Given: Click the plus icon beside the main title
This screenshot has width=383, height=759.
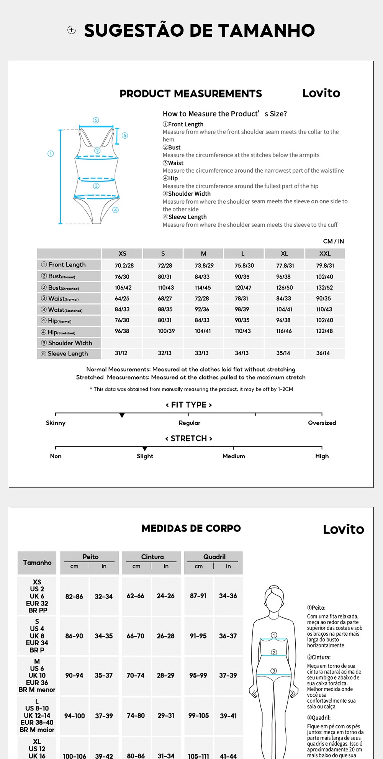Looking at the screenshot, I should click(72, 30).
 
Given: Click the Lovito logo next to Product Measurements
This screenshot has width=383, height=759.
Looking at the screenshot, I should click(321, 93).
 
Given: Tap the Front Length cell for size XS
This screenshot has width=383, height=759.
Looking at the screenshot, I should click(124, 265).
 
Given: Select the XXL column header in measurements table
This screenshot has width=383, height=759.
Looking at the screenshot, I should click(325, 254).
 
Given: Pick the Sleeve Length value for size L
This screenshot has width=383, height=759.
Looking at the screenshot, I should click(242, 353).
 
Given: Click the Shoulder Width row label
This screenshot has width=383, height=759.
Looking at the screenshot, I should click(70, 343).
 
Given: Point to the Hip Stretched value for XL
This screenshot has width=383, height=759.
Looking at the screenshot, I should click(284, 331).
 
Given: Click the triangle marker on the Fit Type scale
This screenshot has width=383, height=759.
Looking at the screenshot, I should click(122, 415).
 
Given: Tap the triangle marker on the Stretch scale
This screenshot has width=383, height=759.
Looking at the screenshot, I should click(145, 449).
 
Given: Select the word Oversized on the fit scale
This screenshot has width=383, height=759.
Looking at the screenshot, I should click(322, 423).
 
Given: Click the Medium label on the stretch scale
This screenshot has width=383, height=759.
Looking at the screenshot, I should click(234, 456).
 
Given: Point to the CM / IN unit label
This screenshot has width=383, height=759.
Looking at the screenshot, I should click(333, 241).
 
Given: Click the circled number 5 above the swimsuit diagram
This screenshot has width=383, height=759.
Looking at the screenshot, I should click(96, 120).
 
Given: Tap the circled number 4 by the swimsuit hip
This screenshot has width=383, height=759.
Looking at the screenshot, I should click(116, 210).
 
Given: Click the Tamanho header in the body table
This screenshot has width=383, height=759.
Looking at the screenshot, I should click(37, 563).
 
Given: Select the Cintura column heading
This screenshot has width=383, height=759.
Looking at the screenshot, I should click(152, 557).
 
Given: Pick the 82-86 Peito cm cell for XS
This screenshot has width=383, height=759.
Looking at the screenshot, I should click(74, 596).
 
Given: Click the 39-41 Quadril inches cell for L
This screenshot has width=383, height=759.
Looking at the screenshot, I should click(228, 716).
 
